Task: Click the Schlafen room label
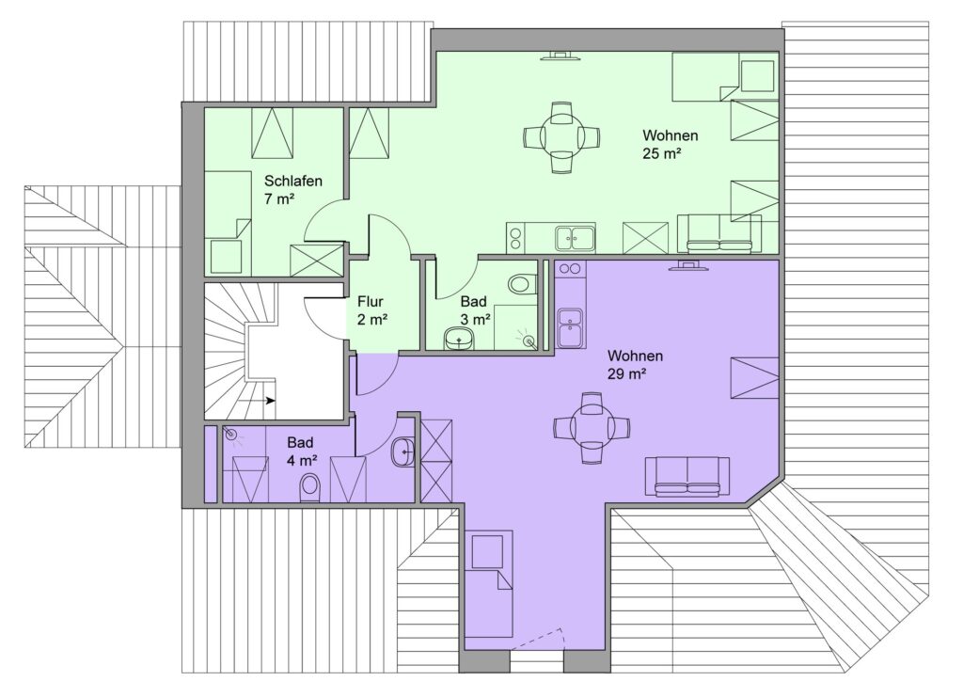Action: point(293,182)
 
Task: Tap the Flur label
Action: point(371,302)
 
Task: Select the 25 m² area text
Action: point(662,153)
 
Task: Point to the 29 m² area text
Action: point(626,373)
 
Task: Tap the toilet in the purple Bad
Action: point(310,489)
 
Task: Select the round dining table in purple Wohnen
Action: point(592,427)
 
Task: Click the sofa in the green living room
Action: point(719,233)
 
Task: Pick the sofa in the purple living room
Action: point(683,477)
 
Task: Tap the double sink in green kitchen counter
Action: point(575,238)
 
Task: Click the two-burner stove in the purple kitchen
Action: point(570,268)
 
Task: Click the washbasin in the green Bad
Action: point(458,339)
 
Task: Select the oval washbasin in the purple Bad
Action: point(403,452)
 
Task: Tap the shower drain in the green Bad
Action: point(529,341)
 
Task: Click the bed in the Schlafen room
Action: point(228,223)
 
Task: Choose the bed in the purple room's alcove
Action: point(488,583)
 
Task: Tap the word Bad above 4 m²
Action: point(300,442)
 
